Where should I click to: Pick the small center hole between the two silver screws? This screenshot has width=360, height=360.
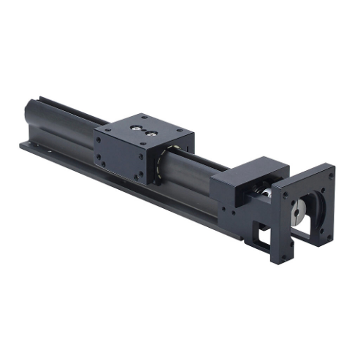point(144,130)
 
